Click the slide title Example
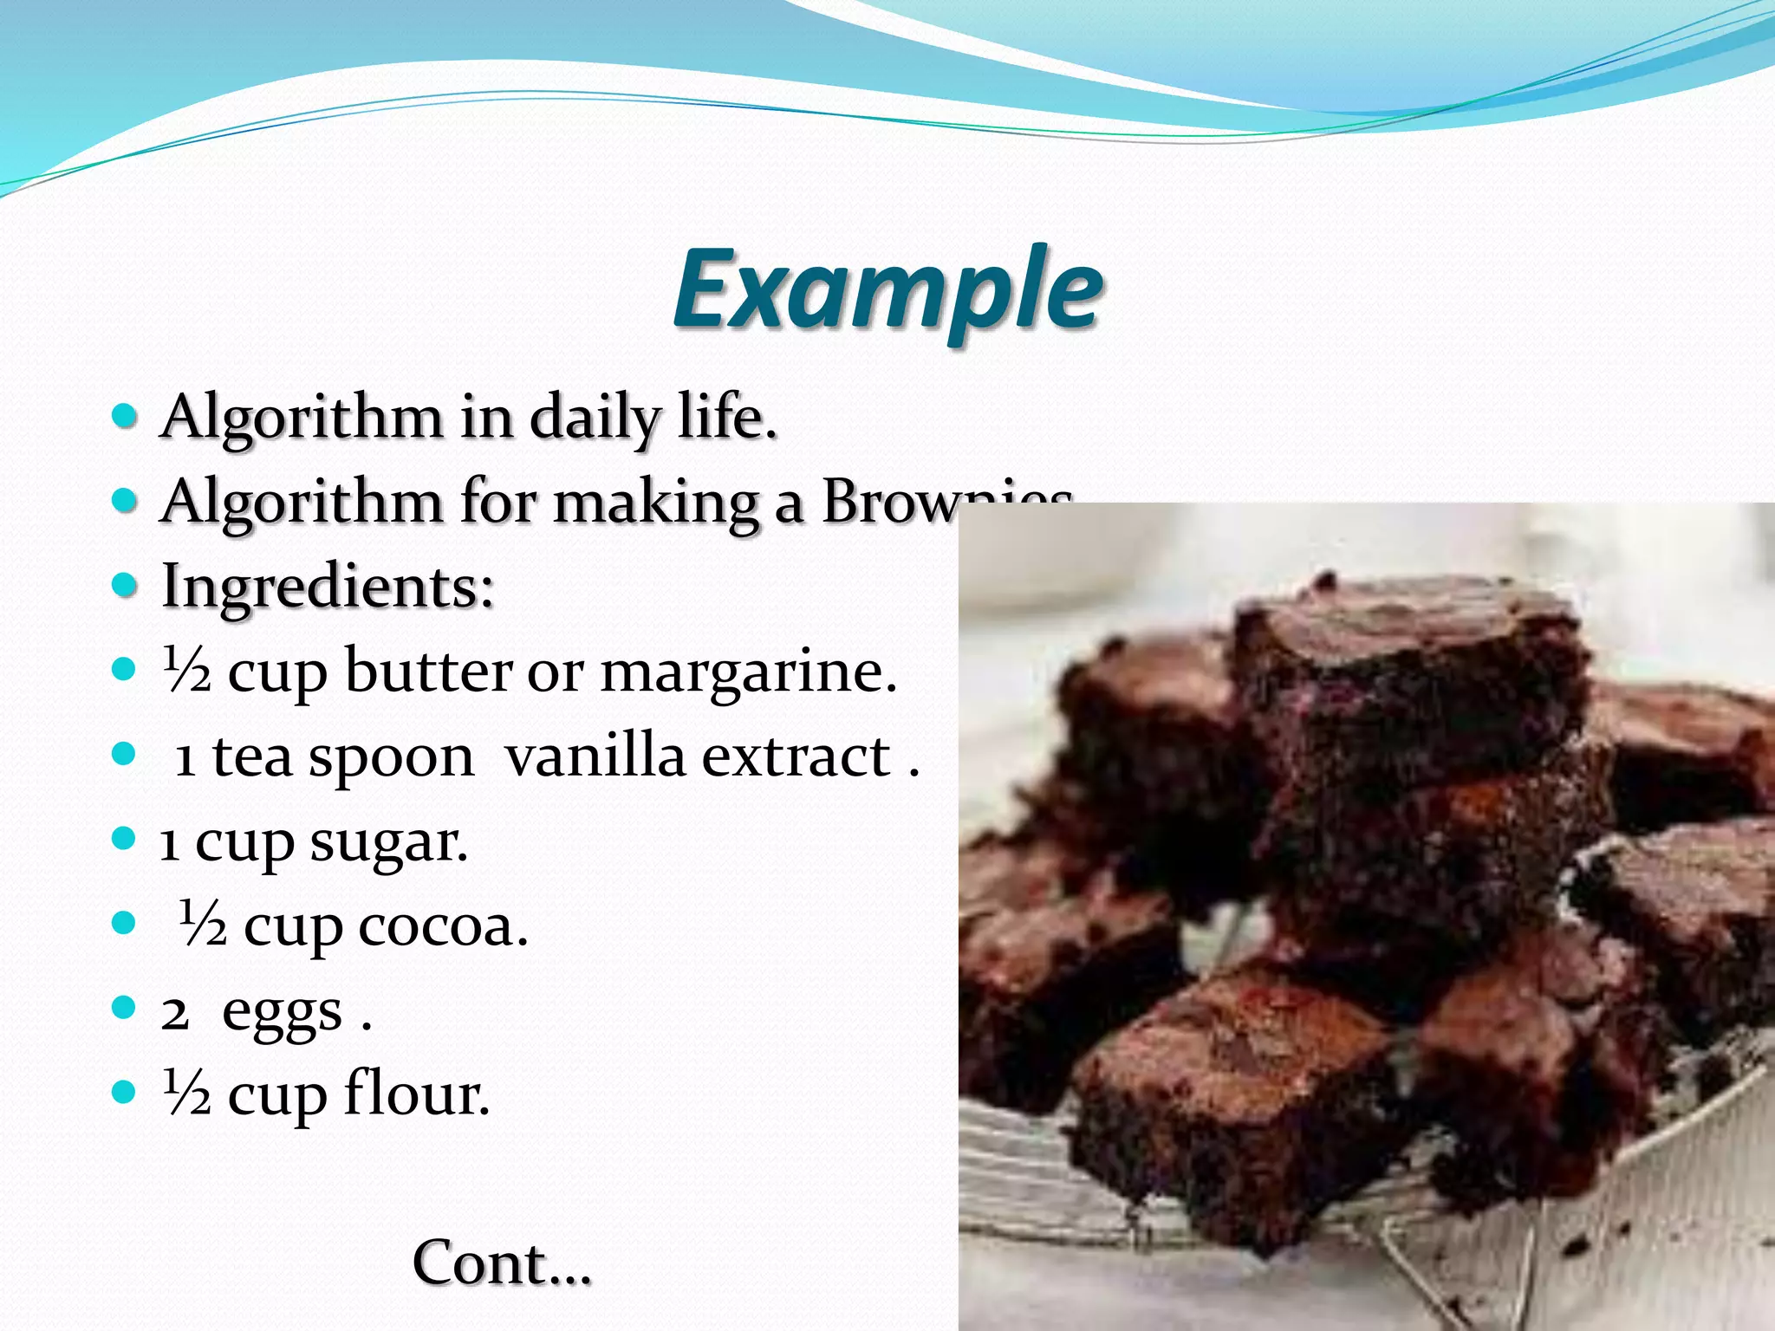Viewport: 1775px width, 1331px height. pos(888,290)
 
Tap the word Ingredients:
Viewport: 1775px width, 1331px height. pos(328,587)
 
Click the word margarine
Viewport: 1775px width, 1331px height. pos(748,672)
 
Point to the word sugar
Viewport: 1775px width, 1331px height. pos(389,841)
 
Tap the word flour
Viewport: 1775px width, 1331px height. pos(416,1094)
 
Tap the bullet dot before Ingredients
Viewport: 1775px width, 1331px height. pos(125,585)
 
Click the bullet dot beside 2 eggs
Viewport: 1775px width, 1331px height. pos(125,1008)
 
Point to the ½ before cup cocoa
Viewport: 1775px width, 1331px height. pos(203,924)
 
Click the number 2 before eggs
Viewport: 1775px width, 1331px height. pos(174,1011)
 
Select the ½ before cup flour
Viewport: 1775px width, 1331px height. pos(187,1094)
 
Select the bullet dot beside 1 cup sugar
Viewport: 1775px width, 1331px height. pos(125,839)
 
